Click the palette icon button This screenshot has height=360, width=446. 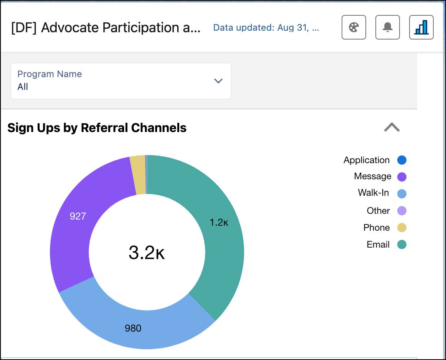coord(353,28)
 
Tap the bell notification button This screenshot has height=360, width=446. coord(387,28)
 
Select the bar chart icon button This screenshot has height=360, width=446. coord(421,28)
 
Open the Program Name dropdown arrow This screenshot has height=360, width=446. coord(218,81)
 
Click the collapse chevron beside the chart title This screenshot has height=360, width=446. coord(391,127)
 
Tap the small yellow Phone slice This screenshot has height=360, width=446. coord(138,175)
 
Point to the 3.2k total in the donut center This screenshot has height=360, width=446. coord(147,253)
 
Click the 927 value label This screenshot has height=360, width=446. coord(78,216)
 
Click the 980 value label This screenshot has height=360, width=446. coord(133,328)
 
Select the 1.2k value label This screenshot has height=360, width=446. coord(219,222)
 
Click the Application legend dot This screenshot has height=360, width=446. coord(401,160)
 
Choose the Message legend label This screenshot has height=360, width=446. coord(372,177)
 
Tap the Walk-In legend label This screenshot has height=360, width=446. coord(373,193)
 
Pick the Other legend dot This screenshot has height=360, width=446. coord(401,211)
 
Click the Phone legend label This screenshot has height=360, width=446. coord(376,228)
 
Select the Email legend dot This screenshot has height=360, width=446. coord(401,244)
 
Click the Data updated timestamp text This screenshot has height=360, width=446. coord(266,28)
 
